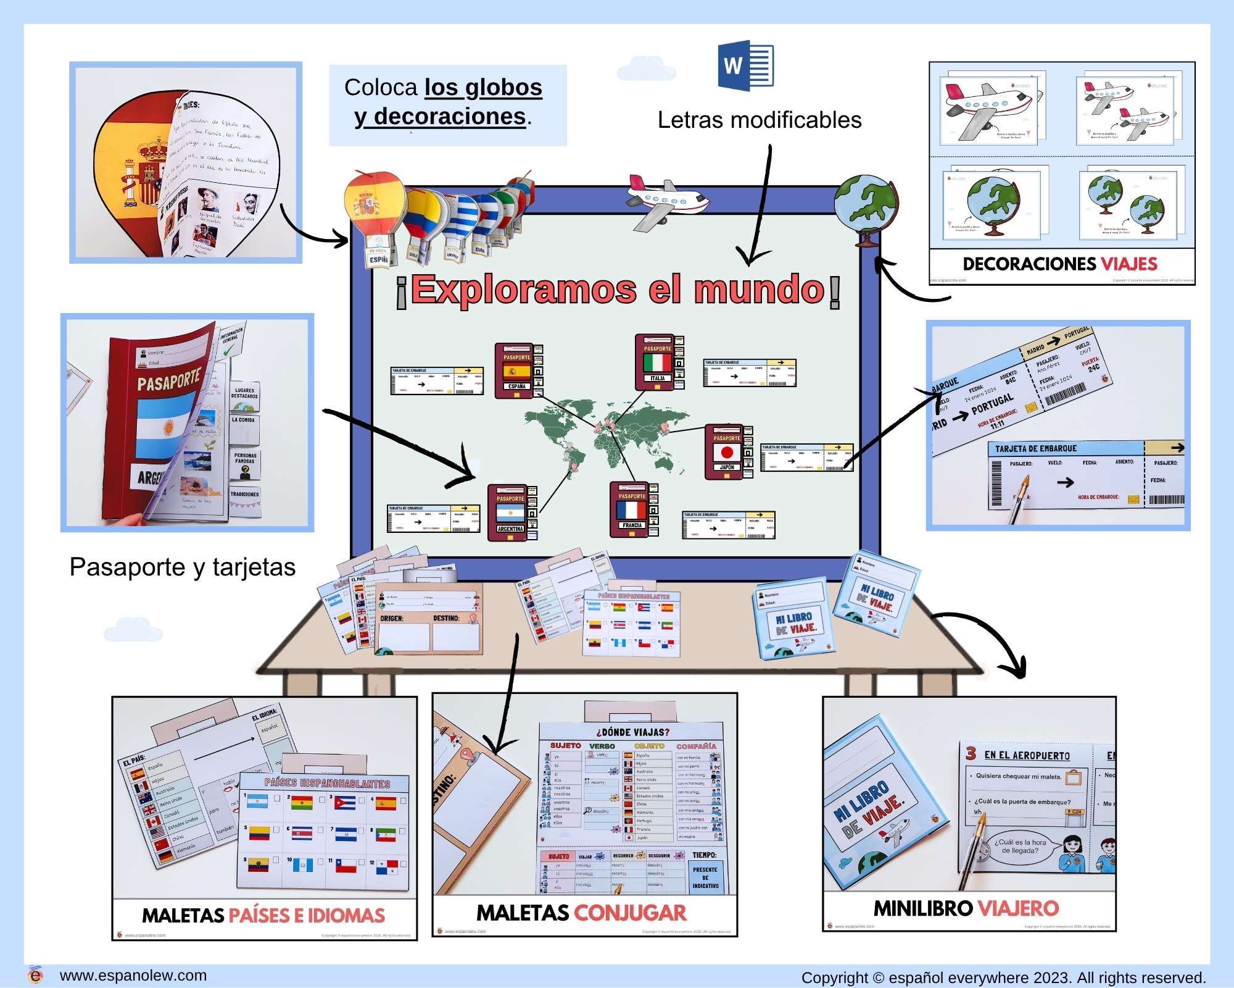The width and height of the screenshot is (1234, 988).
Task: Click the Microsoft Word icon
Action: point(745,65)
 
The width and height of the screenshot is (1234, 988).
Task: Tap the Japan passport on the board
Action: point(727,451)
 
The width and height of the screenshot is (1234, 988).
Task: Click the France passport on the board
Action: point(632,510)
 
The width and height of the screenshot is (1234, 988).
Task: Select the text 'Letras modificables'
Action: point(759,120)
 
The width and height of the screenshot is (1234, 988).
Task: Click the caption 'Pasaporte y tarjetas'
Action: point(183,567)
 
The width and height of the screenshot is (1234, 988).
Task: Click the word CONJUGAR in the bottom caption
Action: point(630,913)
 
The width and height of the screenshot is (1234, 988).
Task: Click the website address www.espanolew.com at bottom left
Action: point(133,976)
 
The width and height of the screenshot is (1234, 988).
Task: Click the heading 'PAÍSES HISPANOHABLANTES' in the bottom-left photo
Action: point(327,784)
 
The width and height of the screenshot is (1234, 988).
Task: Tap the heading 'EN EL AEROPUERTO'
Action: point(1027,755)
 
